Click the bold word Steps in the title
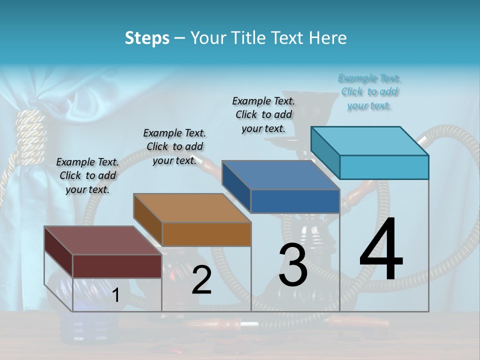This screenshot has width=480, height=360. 147,38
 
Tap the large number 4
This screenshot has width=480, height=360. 381,250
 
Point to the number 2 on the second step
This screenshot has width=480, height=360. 201,280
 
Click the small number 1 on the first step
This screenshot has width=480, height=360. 116,295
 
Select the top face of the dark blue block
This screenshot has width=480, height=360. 280,175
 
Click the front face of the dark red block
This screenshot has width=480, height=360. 117,265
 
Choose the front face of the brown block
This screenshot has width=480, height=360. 206,234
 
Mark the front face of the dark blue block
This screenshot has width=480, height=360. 295,201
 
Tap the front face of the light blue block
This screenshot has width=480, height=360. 384,167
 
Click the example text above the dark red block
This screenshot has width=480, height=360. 87,175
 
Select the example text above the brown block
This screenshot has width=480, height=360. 174,146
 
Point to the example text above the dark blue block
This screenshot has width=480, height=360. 263,114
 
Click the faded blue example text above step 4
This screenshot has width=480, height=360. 369,91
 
